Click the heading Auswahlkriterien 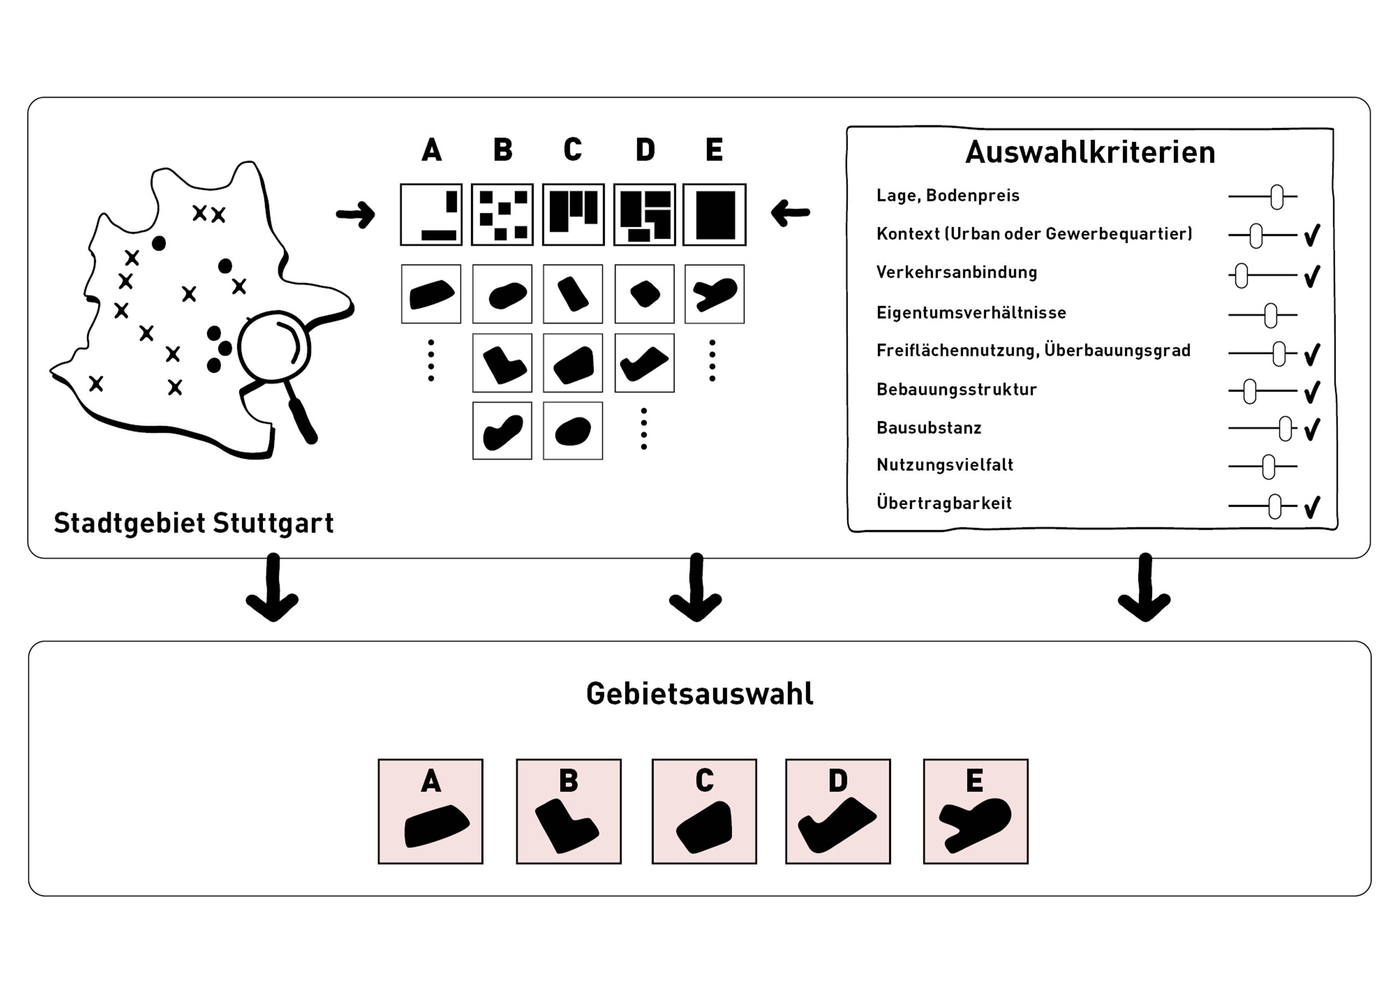(1090, 152)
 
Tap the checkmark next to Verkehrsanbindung (1312, 276)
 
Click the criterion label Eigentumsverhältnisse (971, 313)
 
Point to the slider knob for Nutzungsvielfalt (1268, 467)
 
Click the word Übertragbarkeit (944, 503)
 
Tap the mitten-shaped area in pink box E (976, 825)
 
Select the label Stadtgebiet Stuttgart (193, 523)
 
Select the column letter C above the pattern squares (572, 150)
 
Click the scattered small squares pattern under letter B (502, 215)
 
